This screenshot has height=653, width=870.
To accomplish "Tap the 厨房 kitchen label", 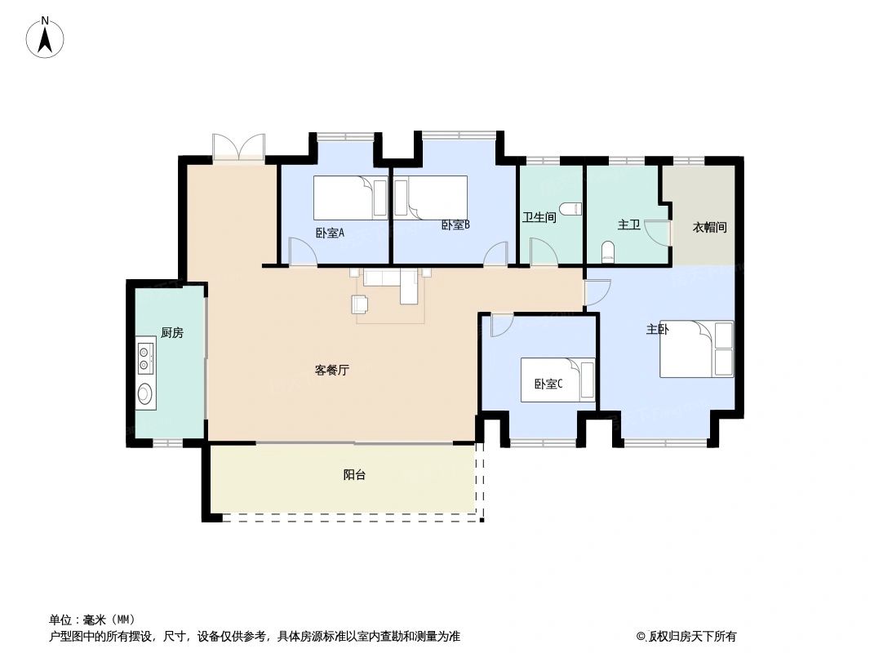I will [171, 332].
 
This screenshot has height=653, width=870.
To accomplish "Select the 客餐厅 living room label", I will [332, 370].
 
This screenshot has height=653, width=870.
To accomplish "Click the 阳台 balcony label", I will [354, 474].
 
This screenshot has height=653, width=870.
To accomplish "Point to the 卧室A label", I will [330, 233].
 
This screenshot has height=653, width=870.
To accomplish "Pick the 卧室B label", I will [455, 225].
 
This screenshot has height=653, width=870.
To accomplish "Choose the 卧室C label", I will [548, 384].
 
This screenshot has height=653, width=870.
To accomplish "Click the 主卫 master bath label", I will [628, 225].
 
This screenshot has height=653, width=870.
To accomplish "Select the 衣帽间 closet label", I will [709, 228].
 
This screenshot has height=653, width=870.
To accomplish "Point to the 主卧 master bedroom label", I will [659, 330].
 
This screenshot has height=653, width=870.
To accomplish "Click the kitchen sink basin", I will [145, 394].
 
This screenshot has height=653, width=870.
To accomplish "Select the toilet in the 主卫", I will [607, 251].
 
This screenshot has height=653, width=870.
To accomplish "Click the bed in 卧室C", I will [557, 380].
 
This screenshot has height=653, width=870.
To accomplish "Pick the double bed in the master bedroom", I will [696, 349].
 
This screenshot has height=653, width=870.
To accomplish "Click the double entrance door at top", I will [238, 147].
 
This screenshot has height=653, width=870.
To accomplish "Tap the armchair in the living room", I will [360, 304].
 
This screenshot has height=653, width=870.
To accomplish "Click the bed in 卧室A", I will [351, 198].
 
